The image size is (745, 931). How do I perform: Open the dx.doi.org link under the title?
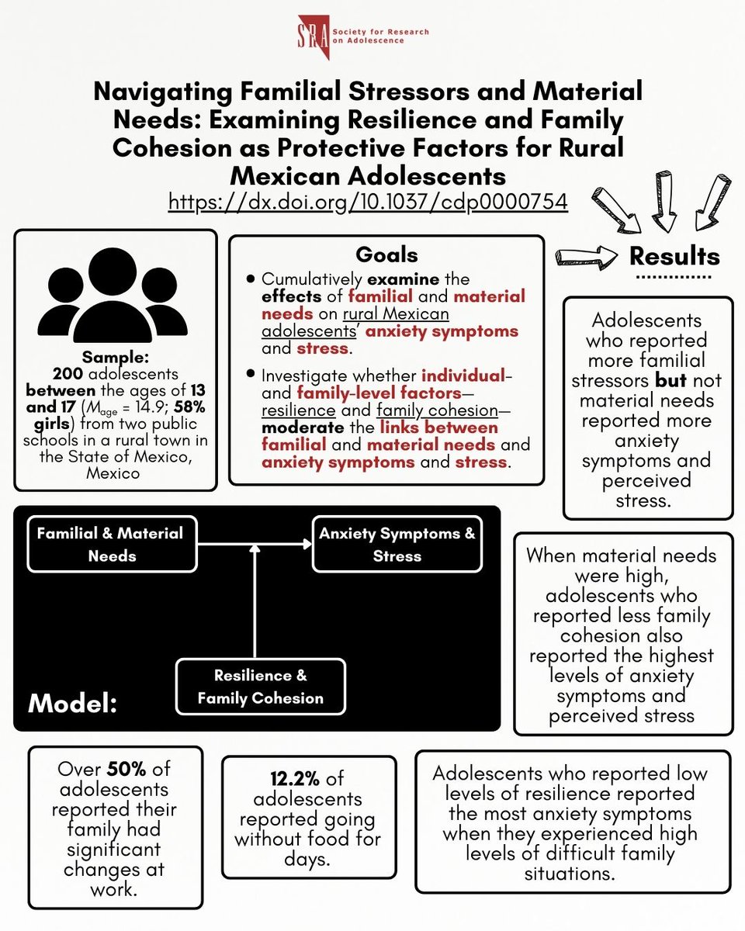coord(369,201)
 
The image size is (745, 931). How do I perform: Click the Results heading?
coord(674,255)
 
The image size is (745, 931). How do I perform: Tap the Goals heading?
coord(386,254)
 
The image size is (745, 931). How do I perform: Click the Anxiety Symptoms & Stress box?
coord(397,545)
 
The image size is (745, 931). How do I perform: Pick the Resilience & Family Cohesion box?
coord(260,687)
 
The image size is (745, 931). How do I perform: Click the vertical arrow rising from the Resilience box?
coord(255,601)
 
